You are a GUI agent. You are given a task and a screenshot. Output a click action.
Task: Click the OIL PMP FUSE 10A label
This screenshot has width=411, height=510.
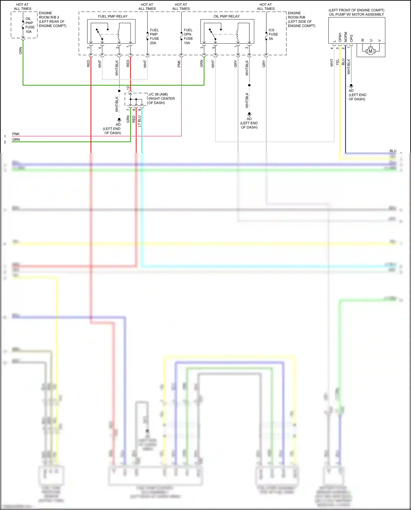[x=30, y=25]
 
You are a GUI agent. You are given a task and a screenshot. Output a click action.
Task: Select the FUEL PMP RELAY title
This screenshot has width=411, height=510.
[x=113, y=16]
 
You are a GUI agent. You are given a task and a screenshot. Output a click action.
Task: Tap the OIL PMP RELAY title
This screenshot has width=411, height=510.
[x=227, y=16]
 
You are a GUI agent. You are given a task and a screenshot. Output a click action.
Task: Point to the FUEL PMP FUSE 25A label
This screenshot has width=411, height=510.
[x=154, y=36]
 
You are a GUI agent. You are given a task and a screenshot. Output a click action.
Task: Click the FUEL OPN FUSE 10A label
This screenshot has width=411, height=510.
[x=188, y=36]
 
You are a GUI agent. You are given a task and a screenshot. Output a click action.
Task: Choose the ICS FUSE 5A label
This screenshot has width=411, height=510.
[x=273, y=34]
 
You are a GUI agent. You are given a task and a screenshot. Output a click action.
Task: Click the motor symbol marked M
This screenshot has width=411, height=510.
[x=370, y=51]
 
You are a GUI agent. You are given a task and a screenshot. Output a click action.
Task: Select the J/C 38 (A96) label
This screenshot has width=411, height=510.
[x=158, y=94]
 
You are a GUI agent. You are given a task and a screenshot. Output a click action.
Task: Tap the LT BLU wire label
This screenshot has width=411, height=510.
[x=139, y=121]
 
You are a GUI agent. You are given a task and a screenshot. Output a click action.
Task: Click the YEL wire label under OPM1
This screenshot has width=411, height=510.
[x=337, y=62]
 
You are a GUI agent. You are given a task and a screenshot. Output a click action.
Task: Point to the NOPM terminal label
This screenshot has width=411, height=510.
[x=346, y=37]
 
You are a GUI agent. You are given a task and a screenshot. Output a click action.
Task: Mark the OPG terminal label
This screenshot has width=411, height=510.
[x=351, y=38]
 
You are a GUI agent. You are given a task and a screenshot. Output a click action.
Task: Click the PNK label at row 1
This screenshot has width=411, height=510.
[x=16, y=134]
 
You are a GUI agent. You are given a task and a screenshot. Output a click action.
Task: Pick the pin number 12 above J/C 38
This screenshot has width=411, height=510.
[x=128, y=88]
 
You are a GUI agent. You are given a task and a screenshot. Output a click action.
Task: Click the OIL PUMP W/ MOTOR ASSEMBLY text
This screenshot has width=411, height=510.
[x=356, y=15]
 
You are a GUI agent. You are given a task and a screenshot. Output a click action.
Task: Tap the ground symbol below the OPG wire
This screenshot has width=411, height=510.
[x=351, y=86]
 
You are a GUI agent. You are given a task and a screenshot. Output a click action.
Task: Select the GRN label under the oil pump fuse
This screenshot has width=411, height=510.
[x=21, y=50]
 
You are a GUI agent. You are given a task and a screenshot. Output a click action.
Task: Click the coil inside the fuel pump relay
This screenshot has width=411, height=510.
[x=119, y=34]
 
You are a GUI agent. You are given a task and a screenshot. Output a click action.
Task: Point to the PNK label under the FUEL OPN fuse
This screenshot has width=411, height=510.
[x=179, y=64]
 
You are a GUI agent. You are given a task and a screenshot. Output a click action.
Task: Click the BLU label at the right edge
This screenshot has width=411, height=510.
[x=393, y=151]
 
